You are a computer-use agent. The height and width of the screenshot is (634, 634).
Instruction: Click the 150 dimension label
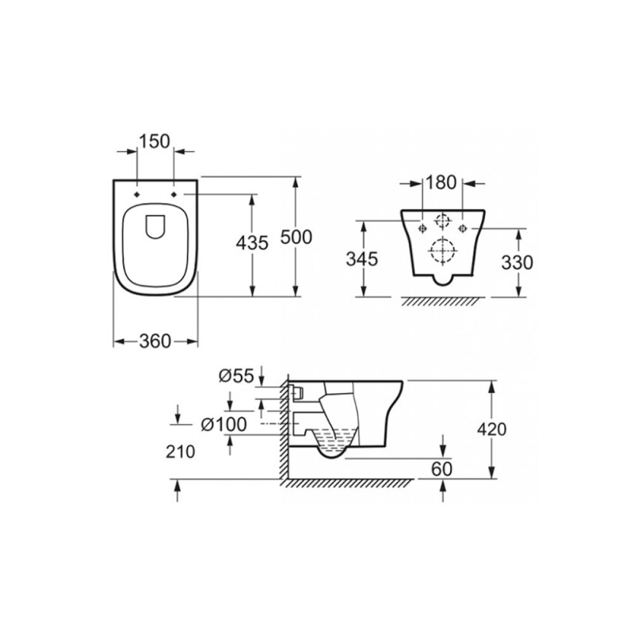155,142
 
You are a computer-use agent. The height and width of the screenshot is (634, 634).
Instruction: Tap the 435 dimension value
252,243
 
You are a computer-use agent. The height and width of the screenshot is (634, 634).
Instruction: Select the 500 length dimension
296,237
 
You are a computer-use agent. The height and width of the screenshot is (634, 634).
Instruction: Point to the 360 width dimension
155,342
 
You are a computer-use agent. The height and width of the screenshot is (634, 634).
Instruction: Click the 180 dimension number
441,183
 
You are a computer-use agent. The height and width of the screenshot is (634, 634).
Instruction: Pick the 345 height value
362,259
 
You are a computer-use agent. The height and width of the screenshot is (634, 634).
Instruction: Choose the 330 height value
518,263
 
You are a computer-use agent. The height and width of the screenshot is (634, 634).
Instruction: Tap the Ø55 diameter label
236,376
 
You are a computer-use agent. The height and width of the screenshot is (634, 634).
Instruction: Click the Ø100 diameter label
223,425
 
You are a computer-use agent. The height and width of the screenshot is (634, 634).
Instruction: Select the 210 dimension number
181,452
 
